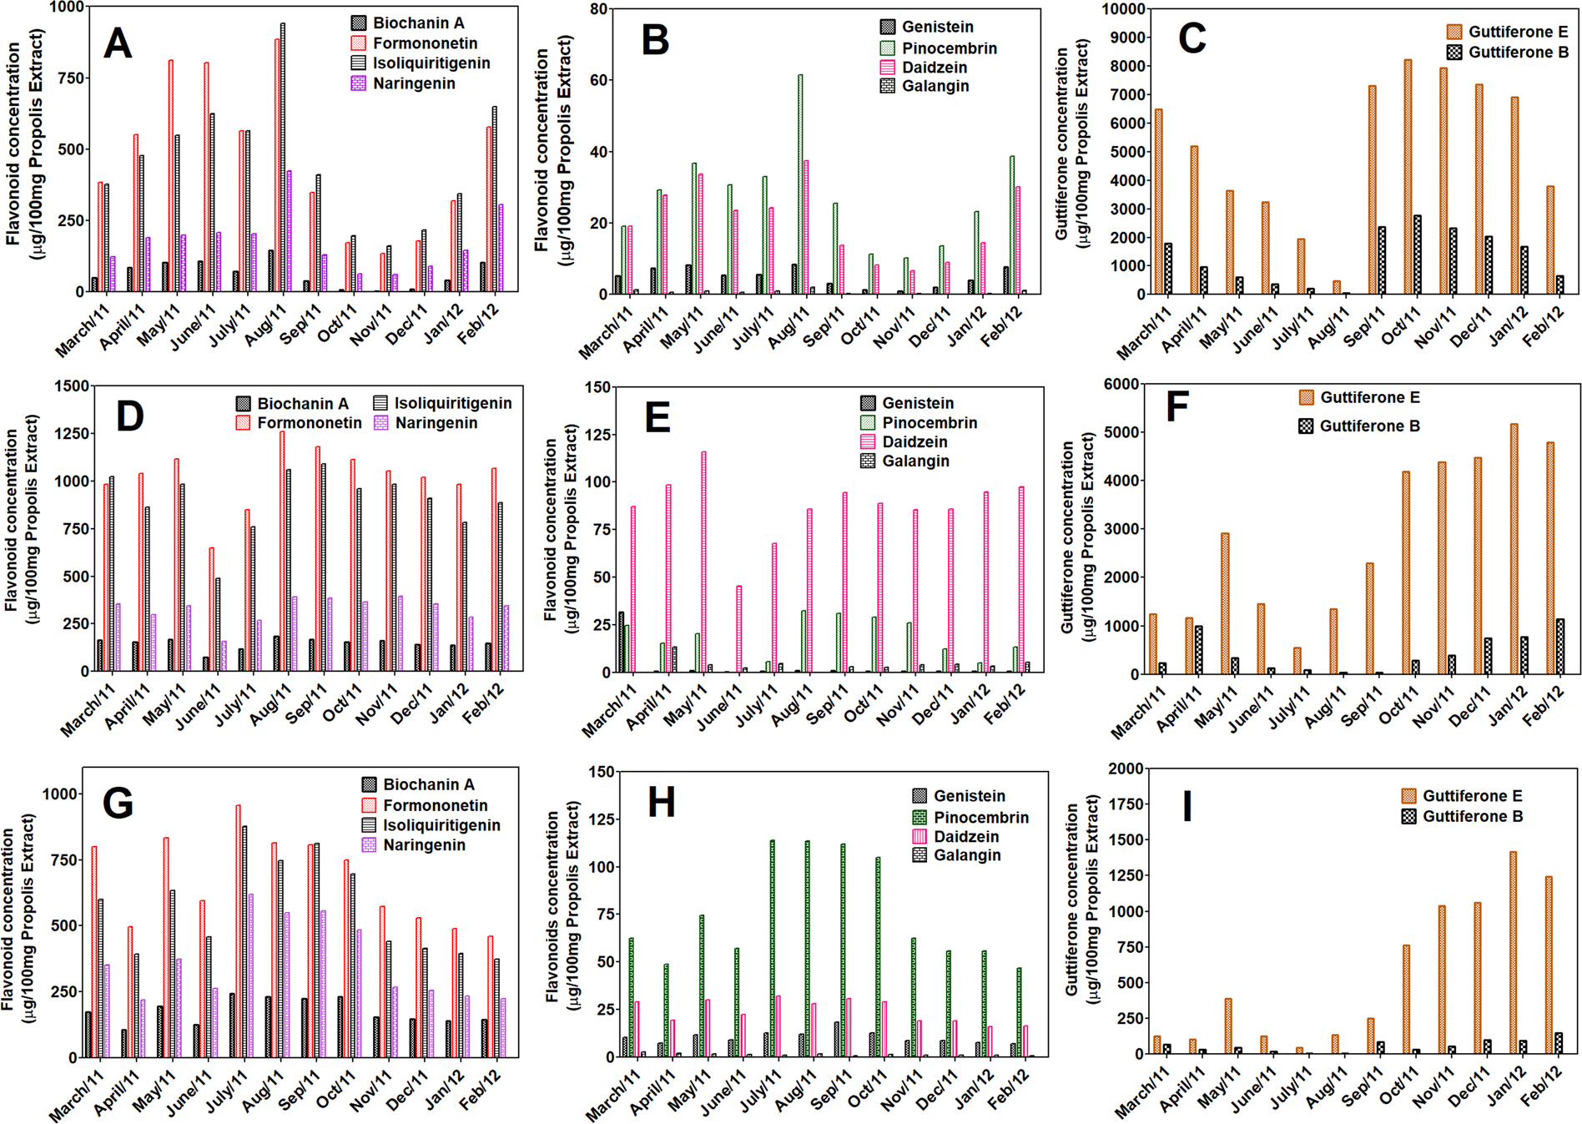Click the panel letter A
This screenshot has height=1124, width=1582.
pos(118,43)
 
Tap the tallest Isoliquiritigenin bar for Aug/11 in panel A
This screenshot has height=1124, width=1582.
pos(283,159)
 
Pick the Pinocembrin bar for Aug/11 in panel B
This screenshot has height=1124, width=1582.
pos(800,184)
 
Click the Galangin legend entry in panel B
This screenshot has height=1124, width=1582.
pos(935,86)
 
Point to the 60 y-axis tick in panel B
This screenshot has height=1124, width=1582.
pos(598,81)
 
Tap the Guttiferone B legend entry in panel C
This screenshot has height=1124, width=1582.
pos(1518,53)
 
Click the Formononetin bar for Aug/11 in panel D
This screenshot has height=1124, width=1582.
pos(282,551)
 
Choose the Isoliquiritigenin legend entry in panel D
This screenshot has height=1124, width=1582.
pos(452,403)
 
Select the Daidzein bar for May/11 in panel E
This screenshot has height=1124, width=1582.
pos(703,562)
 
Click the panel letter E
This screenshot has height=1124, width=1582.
pos(657,416)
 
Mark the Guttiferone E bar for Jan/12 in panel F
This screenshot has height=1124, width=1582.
pos(1514,549)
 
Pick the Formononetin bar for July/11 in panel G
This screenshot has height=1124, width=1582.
pos(238,930)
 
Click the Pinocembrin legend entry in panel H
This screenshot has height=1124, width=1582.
pos(980,818)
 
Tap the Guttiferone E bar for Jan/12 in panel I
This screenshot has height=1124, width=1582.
pos(1513,952)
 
